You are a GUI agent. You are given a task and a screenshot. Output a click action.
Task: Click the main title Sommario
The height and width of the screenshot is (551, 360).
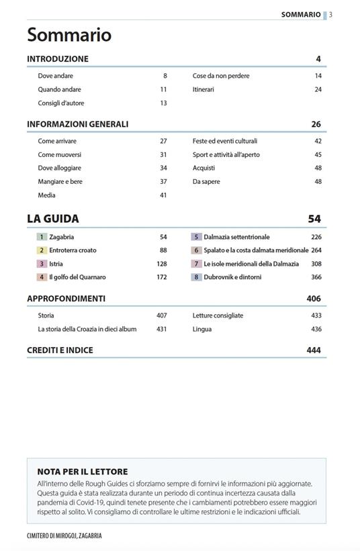[x=69, y=36]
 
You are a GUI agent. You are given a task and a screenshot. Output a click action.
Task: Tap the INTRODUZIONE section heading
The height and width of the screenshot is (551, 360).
[x=58, y=59]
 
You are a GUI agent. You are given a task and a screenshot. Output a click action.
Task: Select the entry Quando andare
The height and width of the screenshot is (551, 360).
[x=60, y=89]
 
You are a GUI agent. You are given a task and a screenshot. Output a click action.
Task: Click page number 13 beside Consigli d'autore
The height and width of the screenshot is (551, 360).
[x=163, y=103]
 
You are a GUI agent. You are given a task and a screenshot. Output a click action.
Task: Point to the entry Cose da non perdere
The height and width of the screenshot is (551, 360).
[x=221, y=76]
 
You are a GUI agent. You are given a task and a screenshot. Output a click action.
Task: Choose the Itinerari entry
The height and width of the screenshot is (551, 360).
[x=204, y=89]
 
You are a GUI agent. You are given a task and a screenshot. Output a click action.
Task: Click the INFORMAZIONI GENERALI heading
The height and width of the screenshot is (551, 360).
[x=78, y=124]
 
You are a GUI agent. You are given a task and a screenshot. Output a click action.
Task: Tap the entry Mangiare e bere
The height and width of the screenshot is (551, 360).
[x=60, y=182]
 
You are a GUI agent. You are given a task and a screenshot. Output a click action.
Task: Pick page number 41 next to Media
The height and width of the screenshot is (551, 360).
[x=163, y=195]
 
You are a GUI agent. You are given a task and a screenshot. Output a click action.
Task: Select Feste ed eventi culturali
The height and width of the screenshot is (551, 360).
[x=225, y=141]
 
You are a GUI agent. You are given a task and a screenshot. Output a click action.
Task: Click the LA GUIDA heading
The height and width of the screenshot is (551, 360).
[x=53, y=219]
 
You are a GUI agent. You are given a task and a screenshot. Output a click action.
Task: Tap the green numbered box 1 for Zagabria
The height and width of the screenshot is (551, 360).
[x=42, y=237]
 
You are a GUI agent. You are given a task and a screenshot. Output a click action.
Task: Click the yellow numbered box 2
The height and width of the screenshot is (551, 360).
[x=42, y=250]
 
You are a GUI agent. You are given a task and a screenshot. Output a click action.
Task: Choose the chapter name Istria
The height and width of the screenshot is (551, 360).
[x=56, y=264]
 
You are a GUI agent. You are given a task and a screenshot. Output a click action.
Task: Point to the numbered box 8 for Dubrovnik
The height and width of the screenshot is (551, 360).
[x=196, y=277]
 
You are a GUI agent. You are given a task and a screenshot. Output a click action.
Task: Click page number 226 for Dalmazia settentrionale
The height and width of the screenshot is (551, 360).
[x=316, y=237]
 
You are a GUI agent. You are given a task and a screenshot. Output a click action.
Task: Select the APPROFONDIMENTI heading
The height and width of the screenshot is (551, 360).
[x=66, y=299]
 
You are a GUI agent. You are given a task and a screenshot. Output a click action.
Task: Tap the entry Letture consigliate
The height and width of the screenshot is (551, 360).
[x=218, y=315]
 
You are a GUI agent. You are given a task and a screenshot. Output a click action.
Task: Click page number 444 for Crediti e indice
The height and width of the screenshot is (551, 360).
[x=314, y=350]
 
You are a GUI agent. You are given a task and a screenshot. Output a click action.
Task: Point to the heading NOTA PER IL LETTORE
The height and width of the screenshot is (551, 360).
[x=83, y=472]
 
